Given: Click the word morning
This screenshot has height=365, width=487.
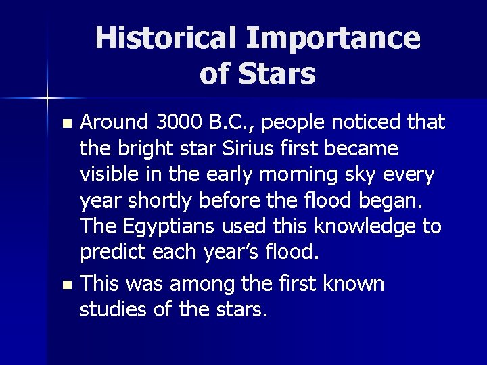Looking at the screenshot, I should point(313,174).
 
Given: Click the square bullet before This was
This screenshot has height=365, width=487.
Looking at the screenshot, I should point(66,285).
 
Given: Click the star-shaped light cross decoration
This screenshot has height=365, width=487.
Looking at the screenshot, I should point(47,99).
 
